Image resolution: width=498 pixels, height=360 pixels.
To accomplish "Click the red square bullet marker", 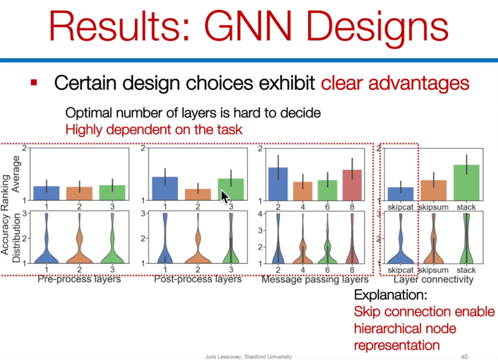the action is pyautogui.click(x=34, y=83).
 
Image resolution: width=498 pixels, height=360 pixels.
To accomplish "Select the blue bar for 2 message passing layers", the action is pyautogui.click(x=278, y=184).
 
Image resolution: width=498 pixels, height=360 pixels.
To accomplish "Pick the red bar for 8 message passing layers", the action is pyautogui.click(x=352, y=185).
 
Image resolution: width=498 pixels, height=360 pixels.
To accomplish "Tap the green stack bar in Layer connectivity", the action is pyautogui.click(x=466, y=183).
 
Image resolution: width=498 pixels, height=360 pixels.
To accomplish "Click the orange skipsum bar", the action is pyautogui.click(x=433, y=190).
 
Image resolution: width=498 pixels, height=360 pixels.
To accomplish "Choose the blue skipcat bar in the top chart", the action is pyautogui.click(x=401, y=194).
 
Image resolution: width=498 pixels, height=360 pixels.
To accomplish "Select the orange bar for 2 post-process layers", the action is pyautogui.click(x=198, y=194).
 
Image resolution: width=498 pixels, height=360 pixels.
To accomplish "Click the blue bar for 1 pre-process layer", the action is pyautogui.click(x=47, y=193).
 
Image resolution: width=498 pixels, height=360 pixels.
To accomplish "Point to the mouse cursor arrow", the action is pyautogui.click(x=225, y=197).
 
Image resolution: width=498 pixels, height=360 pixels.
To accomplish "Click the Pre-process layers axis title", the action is pyautogui.click(x=79, y=279).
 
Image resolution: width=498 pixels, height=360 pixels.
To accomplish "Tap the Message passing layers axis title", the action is pyautogui.click(x=315, y=280).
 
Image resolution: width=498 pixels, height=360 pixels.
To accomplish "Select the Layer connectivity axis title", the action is pyautogui.click(x=433, y=280).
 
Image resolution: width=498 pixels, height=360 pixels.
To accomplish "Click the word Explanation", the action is pyautogui.click(x=391, y=295).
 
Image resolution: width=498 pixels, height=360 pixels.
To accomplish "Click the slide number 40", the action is pyautogui.click(x=464, y=357).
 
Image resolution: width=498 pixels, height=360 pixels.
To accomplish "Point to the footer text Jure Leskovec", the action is pyautogui.click(x=224, y=357).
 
